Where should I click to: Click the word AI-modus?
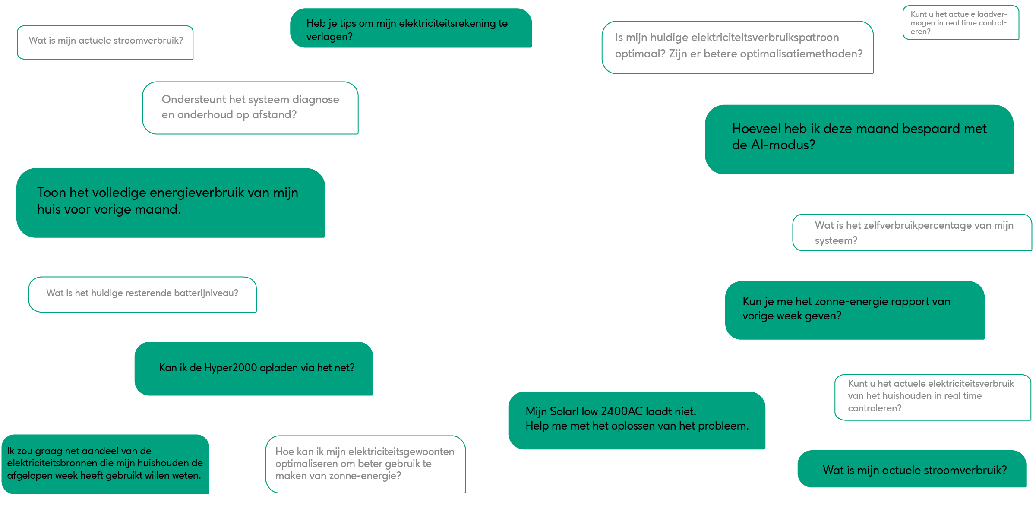click(x=783, y=145)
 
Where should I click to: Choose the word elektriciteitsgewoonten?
click(x=401, y=452)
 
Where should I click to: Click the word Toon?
click(x=51, y=193)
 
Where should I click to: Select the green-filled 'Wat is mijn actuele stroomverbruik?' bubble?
click(x=912, y=469)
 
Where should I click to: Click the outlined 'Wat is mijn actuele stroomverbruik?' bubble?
click(x=105, y=42)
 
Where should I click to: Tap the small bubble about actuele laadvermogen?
click(x=960, y=23)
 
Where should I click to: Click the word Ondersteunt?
click(x=193, y=100)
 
